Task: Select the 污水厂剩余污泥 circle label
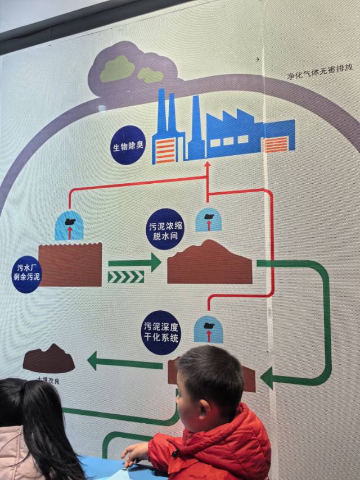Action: click(26, 274)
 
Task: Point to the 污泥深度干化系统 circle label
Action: click(161, 332)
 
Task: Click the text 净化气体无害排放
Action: click(319, 71)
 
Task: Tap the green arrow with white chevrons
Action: click(125, 277)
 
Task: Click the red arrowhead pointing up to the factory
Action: click(207, 165)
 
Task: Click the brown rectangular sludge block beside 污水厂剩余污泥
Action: click(70, 265)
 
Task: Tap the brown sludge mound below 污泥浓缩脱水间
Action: click(210, 264)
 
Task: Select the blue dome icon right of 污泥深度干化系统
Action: click(208, 329)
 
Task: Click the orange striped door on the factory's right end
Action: click(276, 144)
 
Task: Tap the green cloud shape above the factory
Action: click(118, 69)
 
